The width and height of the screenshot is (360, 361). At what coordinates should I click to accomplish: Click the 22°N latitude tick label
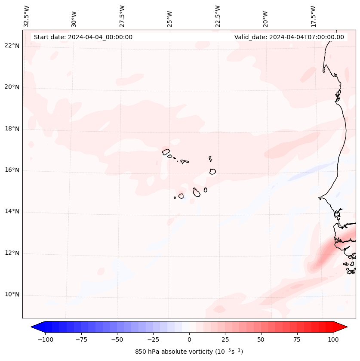[12, 46]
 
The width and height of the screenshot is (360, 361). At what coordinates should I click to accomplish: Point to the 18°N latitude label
[12, 129]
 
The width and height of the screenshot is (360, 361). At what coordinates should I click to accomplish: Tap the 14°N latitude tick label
[12, 212]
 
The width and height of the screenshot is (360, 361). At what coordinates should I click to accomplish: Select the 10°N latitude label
[12, 295]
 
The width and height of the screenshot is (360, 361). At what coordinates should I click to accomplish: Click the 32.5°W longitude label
[27, 16]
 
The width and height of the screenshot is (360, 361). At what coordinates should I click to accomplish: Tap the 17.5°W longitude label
[313, 16]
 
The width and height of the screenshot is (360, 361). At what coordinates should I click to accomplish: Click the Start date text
[83, 37]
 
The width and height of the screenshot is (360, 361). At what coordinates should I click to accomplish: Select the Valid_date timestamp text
[289, 37]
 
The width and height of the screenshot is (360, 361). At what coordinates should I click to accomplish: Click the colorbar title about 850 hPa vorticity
[189, 352]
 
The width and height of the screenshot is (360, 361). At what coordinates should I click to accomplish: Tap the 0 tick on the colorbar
[189, 339]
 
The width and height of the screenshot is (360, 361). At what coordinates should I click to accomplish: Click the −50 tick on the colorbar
[117, 339]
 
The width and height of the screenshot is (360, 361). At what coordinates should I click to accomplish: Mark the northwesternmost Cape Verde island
[166, 151]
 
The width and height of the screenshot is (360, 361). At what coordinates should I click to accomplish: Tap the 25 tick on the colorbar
[225, 339]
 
